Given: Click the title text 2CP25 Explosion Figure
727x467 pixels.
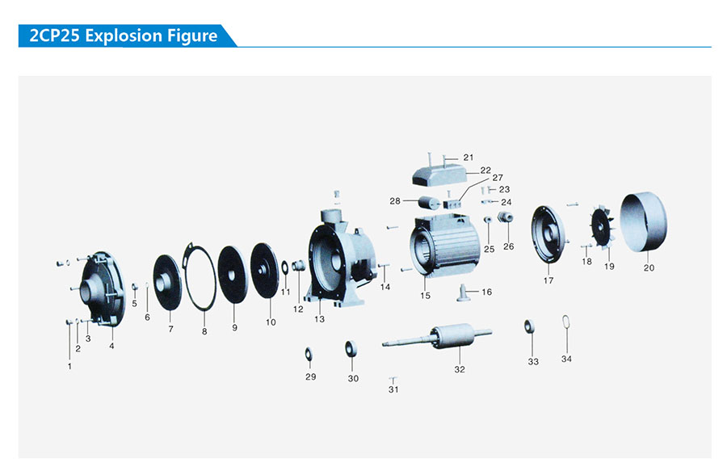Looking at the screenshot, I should click(123, 36).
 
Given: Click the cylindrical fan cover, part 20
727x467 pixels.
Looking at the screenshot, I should click(644, 221).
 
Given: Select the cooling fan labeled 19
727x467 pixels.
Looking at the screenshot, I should click(603, 225).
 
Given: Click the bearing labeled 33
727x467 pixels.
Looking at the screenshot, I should click(530, 326).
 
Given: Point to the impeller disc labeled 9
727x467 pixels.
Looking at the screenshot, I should click(233, 274).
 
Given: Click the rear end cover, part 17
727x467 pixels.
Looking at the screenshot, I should click(547, 234).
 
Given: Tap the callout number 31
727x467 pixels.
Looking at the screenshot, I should click(393, 389).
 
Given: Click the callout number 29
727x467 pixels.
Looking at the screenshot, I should click(310, 377).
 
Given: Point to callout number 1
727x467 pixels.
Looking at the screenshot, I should click(69, 365).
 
